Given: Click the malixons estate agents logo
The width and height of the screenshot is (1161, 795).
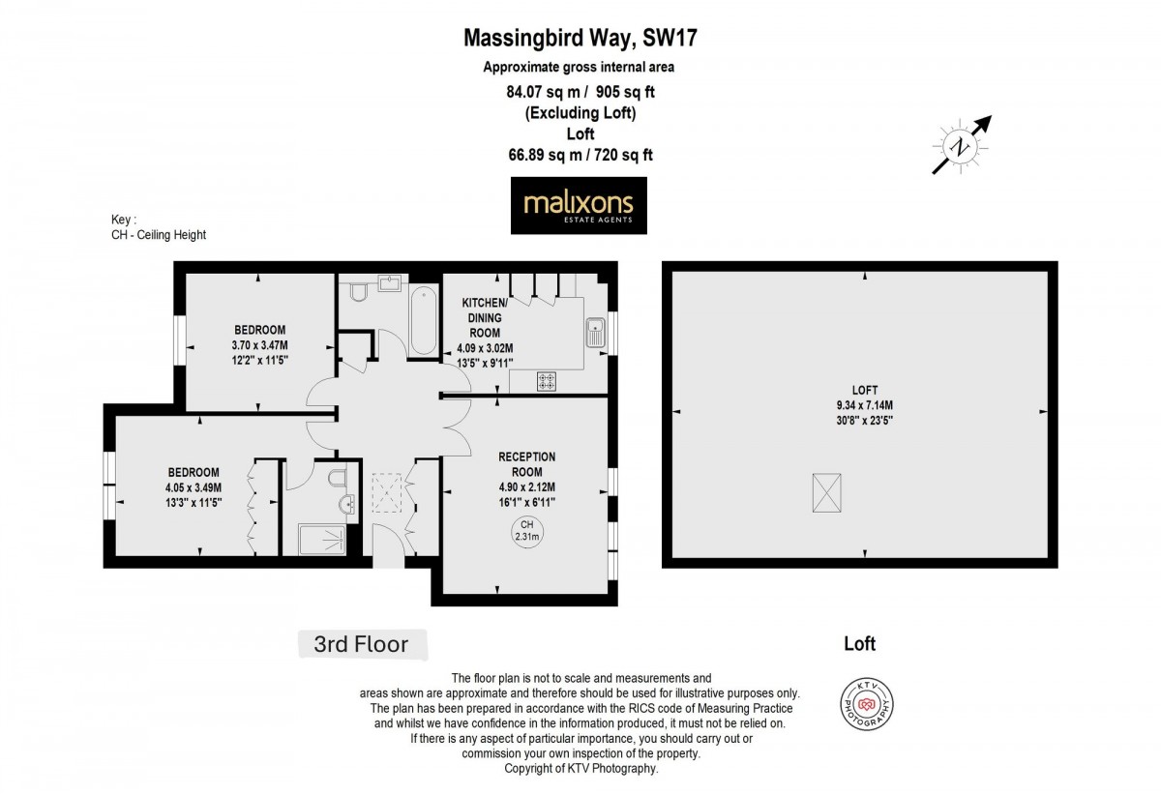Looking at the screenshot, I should [x=579, y=205].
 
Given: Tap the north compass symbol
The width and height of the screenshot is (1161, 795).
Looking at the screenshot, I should [x=962, y=146].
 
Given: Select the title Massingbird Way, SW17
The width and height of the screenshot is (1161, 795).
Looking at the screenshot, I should [x=580, y=39].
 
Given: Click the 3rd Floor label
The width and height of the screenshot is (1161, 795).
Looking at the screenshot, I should [x=361, y=643].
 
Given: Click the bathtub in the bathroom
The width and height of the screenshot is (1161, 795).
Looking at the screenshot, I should [x=424, y=319].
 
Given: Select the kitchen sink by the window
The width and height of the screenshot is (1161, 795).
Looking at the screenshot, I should [x=594, y=332].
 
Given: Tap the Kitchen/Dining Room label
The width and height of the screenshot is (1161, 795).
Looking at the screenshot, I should [x=484, y=316].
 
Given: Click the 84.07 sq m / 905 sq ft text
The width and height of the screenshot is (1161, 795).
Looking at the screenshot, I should [x=580, y=93].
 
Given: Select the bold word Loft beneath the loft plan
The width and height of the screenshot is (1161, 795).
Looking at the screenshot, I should [x=859, y=643].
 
